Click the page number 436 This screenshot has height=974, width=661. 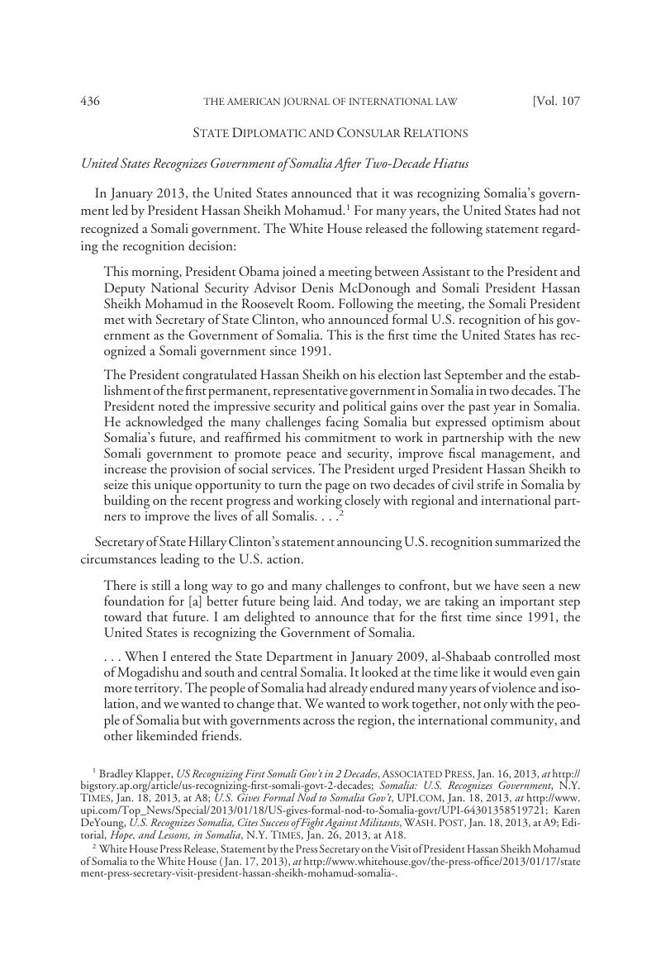[x=90, y=102]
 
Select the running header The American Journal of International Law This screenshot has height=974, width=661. [x=330, y=102]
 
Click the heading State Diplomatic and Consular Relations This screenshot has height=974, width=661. [x=330, y=132]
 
